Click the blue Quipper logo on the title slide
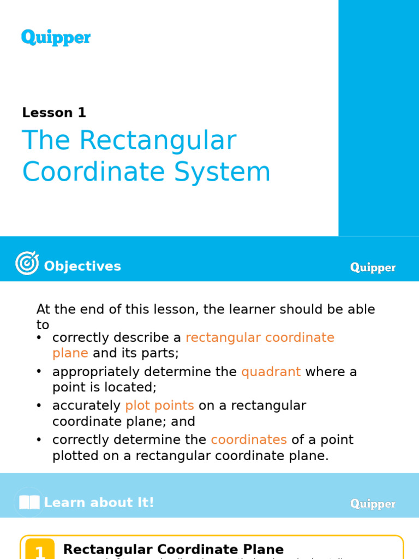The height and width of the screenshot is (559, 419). [x=56, y=38]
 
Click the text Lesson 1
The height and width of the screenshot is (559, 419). [x=54, y=113]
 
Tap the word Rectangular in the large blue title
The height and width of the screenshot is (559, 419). [x=158, y=141]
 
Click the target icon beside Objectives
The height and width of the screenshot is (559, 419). [x=27, y=263]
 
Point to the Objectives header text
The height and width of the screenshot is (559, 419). [x=82, y=266]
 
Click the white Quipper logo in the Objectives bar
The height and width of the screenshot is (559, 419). [x=373, y=267]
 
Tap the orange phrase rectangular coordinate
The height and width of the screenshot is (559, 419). [x=260, y=337]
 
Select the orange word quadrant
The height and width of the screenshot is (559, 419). [x=271, y=372]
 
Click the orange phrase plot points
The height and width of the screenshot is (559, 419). [x=159, y=406]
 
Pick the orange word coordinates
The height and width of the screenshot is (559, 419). [x=249, y=439]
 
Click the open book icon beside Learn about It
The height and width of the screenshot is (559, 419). [x=29, y=502]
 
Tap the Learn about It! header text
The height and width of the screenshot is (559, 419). [x=99, y=503]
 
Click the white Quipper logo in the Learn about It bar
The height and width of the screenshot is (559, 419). [x=373, y=504]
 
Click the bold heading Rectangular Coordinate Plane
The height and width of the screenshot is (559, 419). [x=173, y=549]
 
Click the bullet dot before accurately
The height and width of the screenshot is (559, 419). [x=39, y=406]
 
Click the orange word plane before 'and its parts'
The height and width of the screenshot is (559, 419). [x=70, y=353]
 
